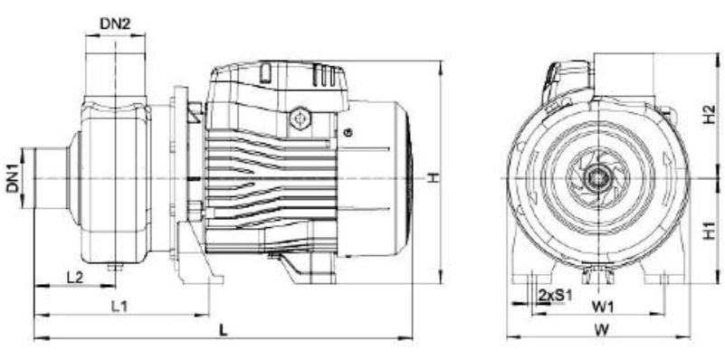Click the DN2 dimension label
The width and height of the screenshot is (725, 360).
pos(115,24)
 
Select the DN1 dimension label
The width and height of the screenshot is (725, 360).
pos(13,178)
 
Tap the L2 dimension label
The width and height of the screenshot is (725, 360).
pos(74,278)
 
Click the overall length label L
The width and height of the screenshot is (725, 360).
pos(224,330)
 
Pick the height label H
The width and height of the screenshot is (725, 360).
pos(434,177)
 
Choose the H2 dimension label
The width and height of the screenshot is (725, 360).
pos(709,114)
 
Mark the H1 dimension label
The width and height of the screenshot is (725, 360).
pos(709,230)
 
